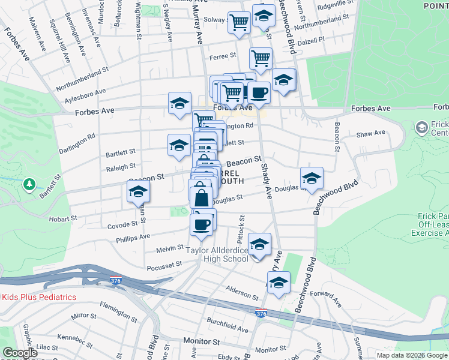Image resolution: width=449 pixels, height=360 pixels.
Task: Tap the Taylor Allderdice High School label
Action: click(217, 254)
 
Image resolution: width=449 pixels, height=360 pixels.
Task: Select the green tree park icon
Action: click(29, 184)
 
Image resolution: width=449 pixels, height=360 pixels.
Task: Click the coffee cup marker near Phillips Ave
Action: click(201, 224)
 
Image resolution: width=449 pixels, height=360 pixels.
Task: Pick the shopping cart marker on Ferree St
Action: click(261, 59)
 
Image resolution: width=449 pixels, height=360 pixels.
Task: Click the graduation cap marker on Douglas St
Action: click(312, 178)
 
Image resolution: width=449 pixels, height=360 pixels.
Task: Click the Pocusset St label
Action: click(164, 264)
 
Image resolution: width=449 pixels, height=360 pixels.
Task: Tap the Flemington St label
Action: click(119, 312)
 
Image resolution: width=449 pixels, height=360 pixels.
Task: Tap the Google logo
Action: click(20, 353)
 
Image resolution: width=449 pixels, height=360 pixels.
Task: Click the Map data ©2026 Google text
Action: click(412, 355)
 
